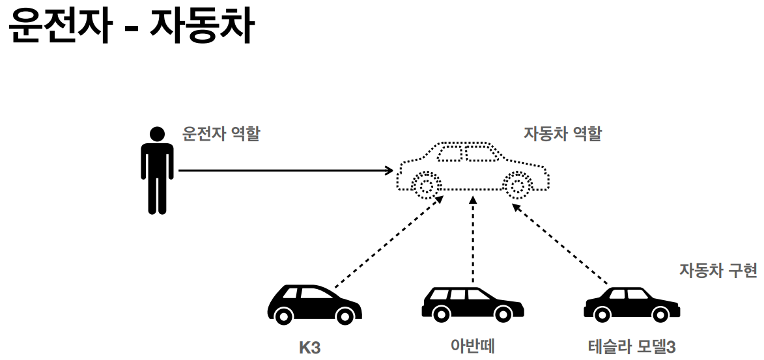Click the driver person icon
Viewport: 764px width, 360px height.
point(157,173)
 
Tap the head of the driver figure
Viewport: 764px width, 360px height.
point(157,134)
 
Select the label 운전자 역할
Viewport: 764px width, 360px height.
point(221,135)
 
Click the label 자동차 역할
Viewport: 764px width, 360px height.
point(563,134)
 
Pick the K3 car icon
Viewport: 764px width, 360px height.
point(315,305)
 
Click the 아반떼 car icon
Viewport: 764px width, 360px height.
point(472,303)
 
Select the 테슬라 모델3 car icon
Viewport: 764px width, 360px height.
point(631,305)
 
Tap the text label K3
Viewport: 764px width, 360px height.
point(310,347)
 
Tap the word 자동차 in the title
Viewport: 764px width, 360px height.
point(200,27)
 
